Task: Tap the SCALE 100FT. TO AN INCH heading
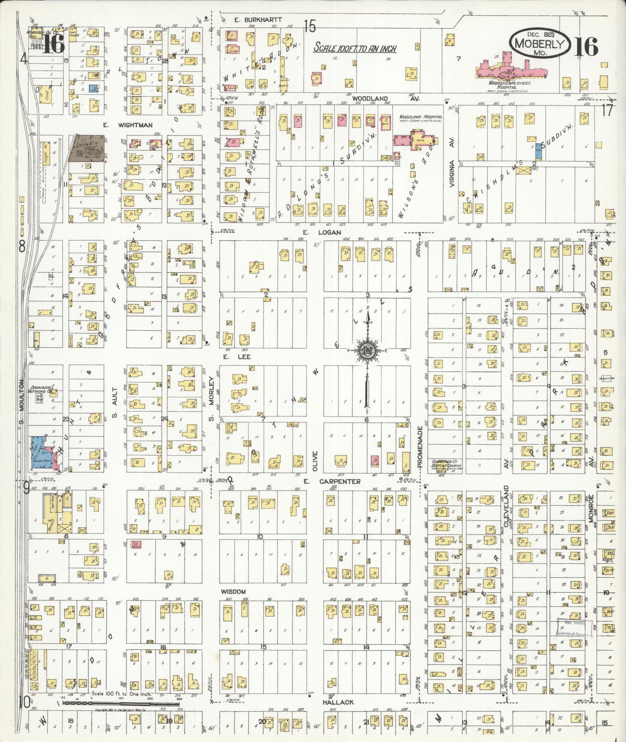tap(355, 48)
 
